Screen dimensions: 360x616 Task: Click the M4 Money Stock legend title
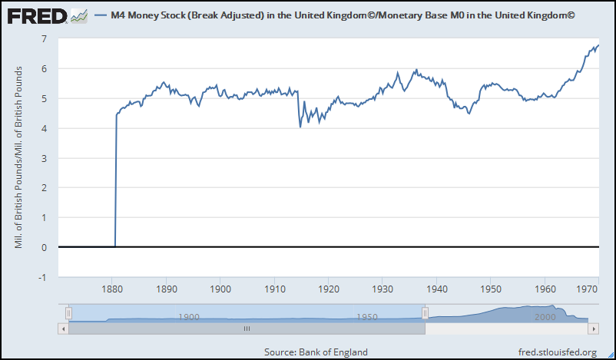coord(343,15)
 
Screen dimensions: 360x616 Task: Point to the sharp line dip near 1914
coord(300,127)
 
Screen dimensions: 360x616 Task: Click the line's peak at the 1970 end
coord(598,45)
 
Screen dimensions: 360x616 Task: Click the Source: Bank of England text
coord(316,352)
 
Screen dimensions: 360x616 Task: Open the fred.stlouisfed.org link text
coord(557,352)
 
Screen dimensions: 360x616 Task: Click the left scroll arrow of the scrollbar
coord(62,328)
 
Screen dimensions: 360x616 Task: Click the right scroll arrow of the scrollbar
coord(593,328)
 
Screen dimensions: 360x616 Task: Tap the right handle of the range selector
coord(426,312)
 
